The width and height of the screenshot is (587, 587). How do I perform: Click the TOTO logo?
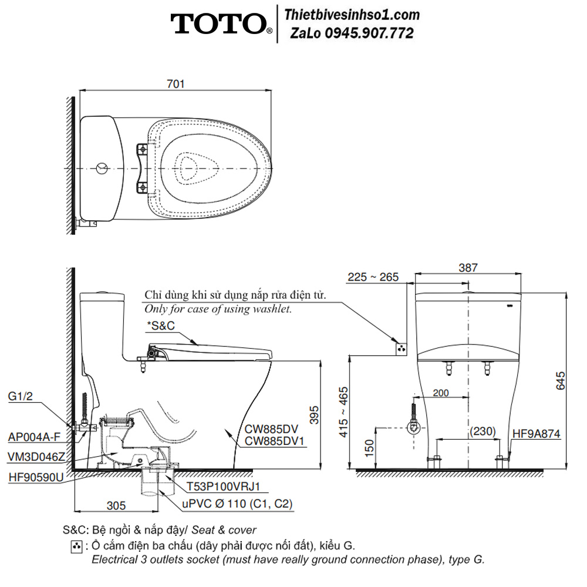click(x=221, y=24)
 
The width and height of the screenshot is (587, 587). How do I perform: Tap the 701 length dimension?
click(x=176, y=84)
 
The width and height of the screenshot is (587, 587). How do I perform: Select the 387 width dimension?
click(x=468, y=268)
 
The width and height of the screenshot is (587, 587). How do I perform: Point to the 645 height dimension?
click(x=561, y=380)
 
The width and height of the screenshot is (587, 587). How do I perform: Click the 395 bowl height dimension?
click(x=314, y=415)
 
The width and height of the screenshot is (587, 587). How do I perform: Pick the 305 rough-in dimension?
click(x=116, y=506)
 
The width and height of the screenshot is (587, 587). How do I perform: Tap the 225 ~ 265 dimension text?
click(x=373, y=277)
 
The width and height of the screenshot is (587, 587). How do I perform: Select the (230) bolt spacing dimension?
click(x=483, y=431)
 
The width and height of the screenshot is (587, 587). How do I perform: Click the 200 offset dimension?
click(x=441, y=393)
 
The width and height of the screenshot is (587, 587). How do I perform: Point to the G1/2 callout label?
click(x=20, y=396)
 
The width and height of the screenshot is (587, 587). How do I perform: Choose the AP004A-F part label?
click(x=34, y=437)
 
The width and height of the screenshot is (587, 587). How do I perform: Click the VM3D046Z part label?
click(x=36, y=457)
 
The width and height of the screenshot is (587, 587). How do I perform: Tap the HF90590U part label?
click(x=36, y=477)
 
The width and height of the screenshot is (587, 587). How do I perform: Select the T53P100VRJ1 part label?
click(x=223, y=486)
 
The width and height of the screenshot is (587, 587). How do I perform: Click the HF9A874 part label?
click(x=536, y=434)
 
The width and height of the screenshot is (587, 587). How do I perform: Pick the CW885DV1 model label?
click(x=274, y=441)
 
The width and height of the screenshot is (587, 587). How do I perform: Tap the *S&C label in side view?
click(x=161, y=325)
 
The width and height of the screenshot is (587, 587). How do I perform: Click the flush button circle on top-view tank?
click(x=102, y=168)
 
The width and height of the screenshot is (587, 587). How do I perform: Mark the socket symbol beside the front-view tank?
click(x=402, y=349)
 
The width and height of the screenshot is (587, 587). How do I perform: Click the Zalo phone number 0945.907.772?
click(x=369, y=33)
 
